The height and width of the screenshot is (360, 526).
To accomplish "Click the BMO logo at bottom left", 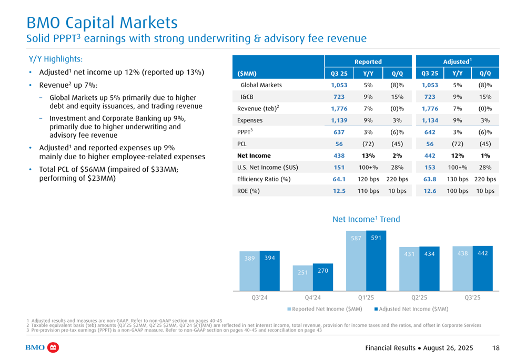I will tap(42, 348).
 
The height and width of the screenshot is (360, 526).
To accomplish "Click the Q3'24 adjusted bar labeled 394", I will tap(269, 271).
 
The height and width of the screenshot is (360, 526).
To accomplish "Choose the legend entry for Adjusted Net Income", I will tap(411, 309).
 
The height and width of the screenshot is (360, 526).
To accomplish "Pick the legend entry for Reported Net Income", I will tap(325, 309).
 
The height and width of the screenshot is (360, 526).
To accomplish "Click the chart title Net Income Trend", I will tap(366, 219).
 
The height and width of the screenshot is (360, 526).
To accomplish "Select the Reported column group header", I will tap(368, 62).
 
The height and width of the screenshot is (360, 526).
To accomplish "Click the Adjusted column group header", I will tap(457, 62).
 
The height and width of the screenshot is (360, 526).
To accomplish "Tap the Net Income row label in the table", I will tap(254, 156).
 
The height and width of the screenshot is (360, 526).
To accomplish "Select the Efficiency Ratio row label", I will tap(264, 179).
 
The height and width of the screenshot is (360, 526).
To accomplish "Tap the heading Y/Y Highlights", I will tap(55, 59).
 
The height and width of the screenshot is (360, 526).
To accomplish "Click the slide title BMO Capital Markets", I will tap(102, 23).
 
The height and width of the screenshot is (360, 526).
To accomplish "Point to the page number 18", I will tap(496, 348).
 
